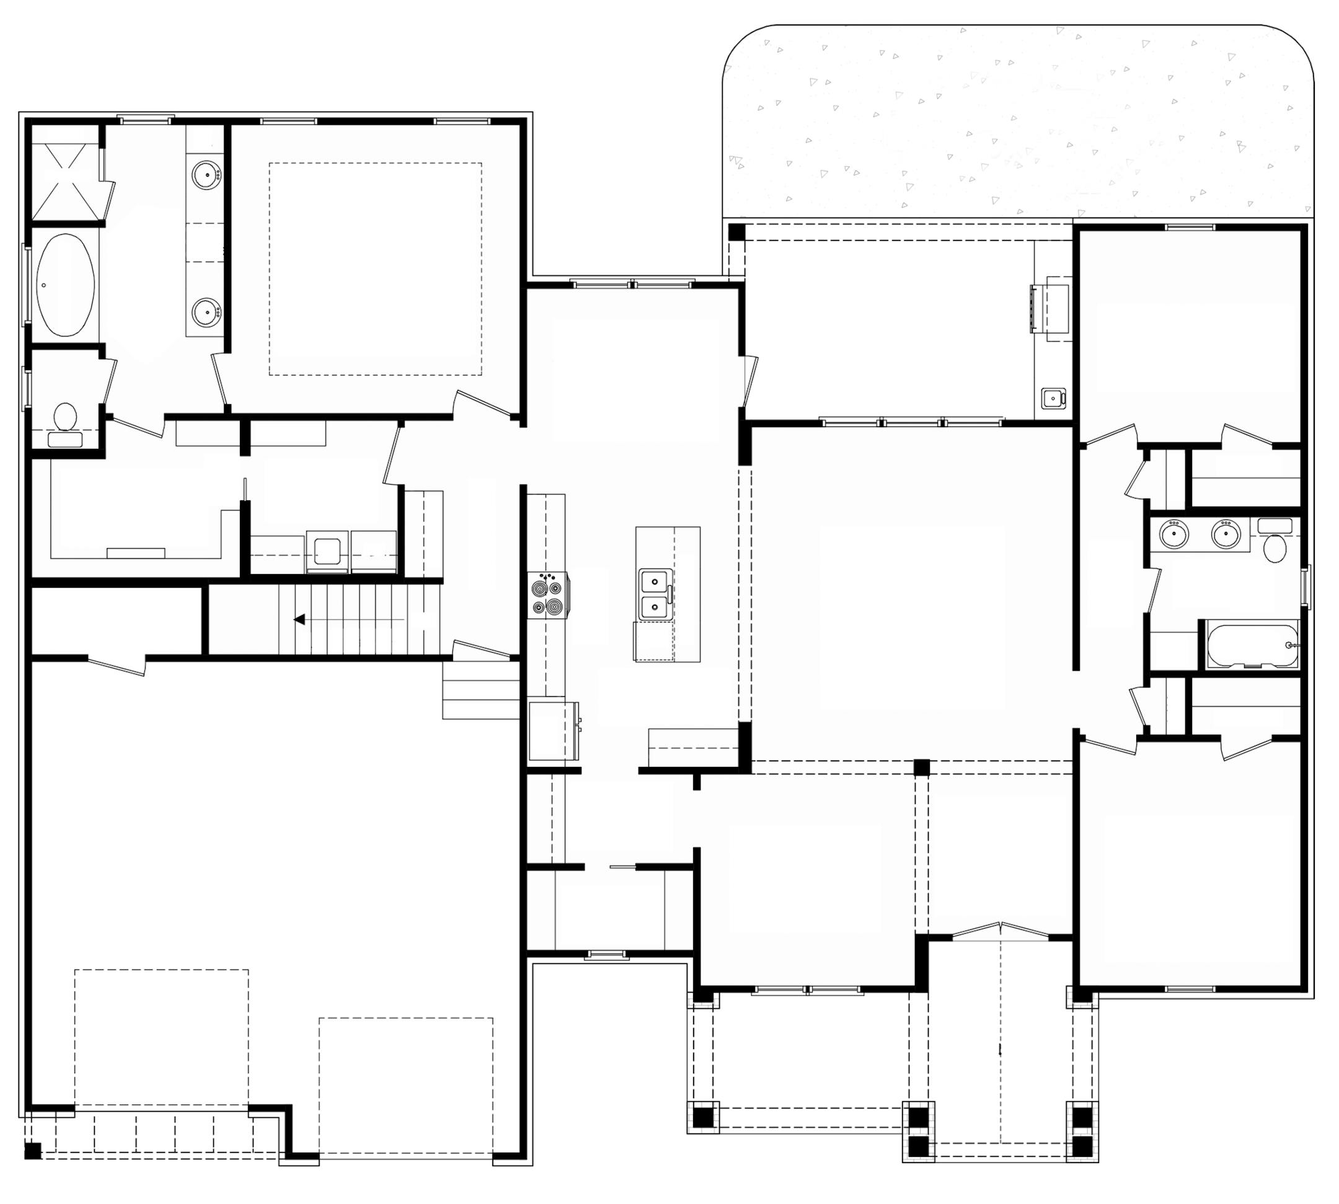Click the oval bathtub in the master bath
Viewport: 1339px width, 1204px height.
pyautogui.click(x=65, y=285)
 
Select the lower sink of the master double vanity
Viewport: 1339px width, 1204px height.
pyautogui.click(x=206, y=309)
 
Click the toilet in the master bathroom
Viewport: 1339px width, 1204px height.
pyautogui.click(x=65, y=419)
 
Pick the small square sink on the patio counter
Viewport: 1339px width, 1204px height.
pyautogui.click(x=1052, y=398)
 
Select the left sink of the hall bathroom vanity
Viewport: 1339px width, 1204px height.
pyautogui.click(x=1173, y=534)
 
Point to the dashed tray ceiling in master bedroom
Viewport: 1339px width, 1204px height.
pyautogui.click(x=375, y=269)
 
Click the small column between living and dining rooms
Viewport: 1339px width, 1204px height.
pyautogui.click(x=921, y=768)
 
